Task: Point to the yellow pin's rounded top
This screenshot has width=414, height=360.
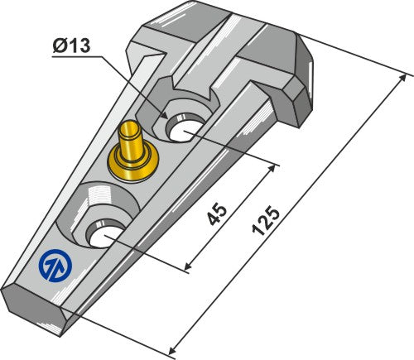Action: coord(129,128)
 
